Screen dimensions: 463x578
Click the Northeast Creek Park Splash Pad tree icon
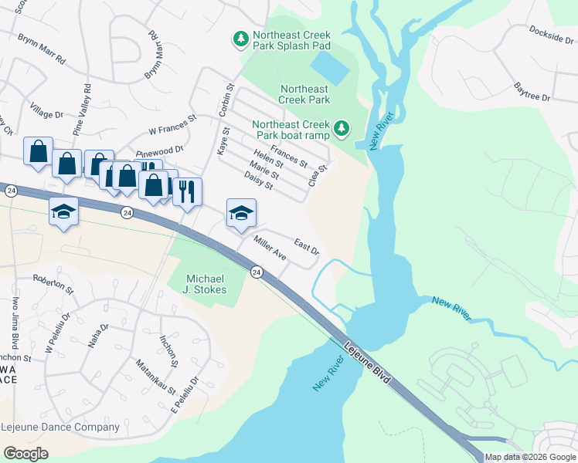(240, 38)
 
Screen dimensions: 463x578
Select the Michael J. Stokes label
(207, 284)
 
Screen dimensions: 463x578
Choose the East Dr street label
(307, 248)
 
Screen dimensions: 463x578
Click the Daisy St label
(258, 181)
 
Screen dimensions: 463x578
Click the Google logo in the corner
(26, 453)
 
